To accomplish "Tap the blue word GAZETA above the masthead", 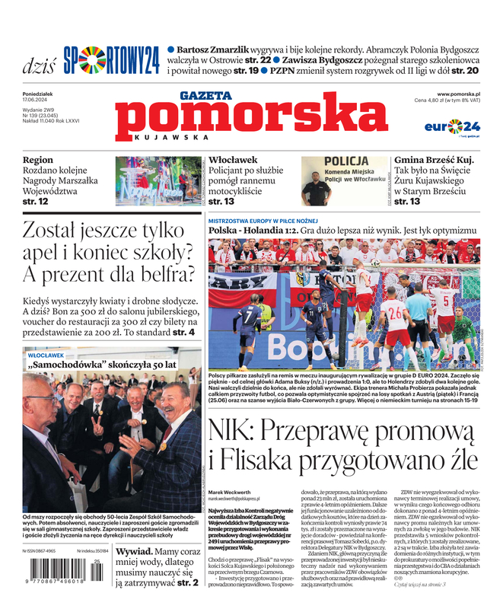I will [205, 95].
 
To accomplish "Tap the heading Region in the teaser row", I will [38, 161].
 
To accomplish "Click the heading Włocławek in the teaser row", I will [233, 161].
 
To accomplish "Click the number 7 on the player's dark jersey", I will [249, 312].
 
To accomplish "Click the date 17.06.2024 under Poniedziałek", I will [37, 100].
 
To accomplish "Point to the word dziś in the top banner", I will [38, 64].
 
